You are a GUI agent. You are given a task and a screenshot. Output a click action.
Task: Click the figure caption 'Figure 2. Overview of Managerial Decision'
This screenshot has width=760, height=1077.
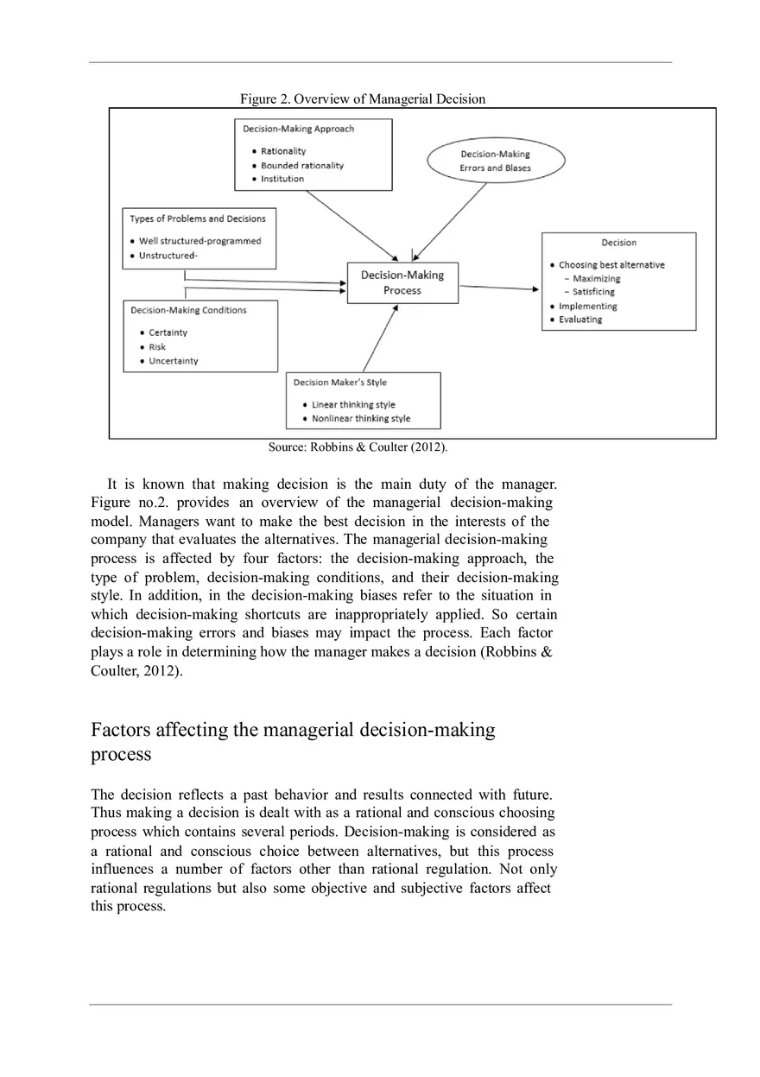pyautogui.click(x=363, y=99)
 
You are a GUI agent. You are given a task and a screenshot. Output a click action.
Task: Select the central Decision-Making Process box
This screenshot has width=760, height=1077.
pyautogui.click(x=402, y=282)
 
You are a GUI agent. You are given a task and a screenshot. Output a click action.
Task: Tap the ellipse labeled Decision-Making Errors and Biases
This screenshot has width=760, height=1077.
pyautogui.click(x=496, y=162)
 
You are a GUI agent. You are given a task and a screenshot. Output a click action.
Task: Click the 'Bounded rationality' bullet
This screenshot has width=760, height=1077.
pyautogui.click(x=301, y=165)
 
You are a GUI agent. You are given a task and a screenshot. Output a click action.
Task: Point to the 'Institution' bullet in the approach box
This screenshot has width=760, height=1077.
pyautogui.click(x=282, y=179)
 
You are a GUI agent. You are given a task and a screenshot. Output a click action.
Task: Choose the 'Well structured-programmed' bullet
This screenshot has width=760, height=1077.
pyautogui.click(x=199, y=241)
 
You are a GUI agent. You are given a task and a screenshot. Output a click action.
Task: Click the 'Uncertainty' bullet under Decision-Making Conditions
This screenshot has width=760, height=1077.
pyautogui.click(x=173, y=361)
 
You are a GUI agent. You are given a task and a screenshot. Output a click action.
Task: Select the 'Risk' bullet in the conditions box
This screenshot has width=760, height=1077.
pyautogui.click(x=157, y=347)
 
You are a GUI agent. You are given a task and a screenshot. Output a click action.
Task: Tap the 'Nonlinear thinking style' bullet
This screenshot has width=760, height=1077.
pyautogui.click(x=360, y=419)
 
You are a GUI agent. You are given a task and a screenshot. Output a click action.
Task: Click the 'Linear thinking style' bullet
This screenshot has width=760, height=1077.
pyautogui.click(x=353, y=404)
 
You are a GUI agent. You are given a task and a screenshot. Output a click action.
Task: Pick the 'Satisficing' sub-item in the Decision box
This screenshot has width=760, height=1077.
pyautogui.click(x=593, y=292)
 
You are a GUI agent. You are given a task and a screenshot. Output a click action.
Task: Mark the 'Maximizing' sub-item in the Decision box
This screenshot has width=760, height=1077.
pyautogui.click(x=596, y=279)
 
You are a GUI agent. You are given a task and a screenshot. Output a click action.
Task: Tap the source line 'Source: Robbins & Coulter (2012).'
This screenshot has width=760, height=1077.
pyautogui.click(x=358, y=447)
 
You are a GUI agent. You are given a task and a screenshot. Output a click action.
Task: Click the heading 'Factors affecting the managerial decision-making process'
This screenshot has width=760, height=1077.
pyautogui.click(x=294, y=741)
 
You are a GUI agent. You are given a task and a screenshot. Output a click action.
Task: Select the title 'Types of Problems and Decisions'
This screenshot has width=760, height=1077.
pyautogui.click(x=198, y=219)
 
